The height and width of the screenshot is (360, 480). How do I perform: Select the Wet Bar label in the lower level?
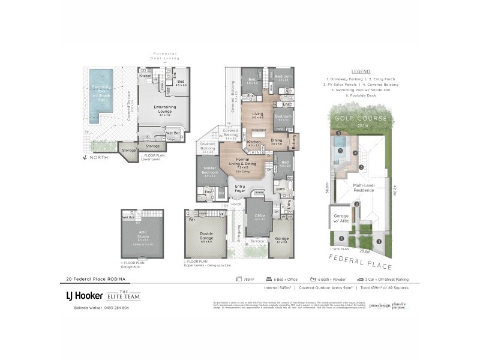point(173,133)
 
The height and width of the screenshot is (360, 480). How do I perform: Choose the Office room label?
point(259,217)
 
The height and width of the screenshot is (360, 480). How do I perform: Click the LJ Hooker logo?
point(83,295)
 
